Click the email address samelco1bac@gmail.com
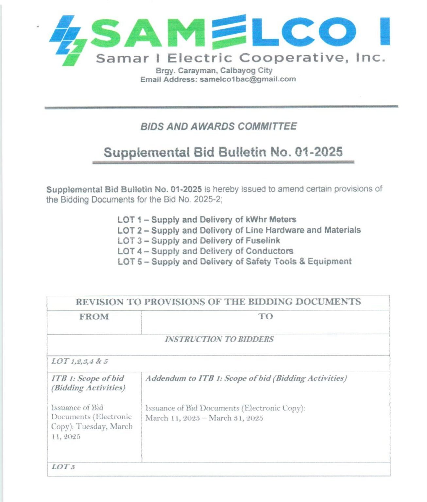click(x=248, y=79)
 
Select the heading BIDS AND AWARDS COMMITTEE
click(x=218, y=126)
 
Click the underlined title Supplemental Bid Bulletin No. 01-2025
click(x=223, y=152)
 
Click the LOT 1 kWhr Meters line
click(x=207, y=220)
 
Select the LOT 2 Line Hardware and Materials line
click(x=239, y=230)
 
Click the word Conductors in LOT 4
click(x=269, y=251)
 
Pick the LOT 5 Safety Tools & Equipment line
click(x=234, y=262)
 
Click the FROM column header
click(x=94, y=317)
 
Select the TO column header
click(x=265, y=316)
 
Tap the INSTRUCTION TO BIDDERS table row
click(x=219, y=340)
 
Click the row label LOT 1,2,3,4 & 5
click(x=80, y=361)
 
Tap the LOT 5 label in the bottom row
click(x=63, y=467)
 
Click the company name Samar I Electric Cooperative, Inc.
click(x=240, y=58)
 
